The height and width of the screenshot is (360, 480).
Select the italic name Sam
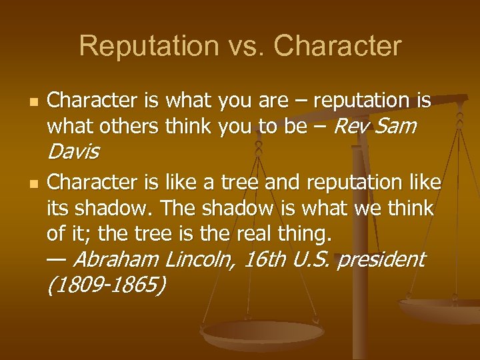[396, 126]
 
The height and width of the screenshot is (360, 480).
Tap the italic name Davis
[73, 152]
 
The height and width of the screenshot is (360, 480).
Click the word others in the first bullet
[123, 126]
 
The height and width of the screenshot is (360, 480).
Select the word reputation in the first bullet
[363, 101]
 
